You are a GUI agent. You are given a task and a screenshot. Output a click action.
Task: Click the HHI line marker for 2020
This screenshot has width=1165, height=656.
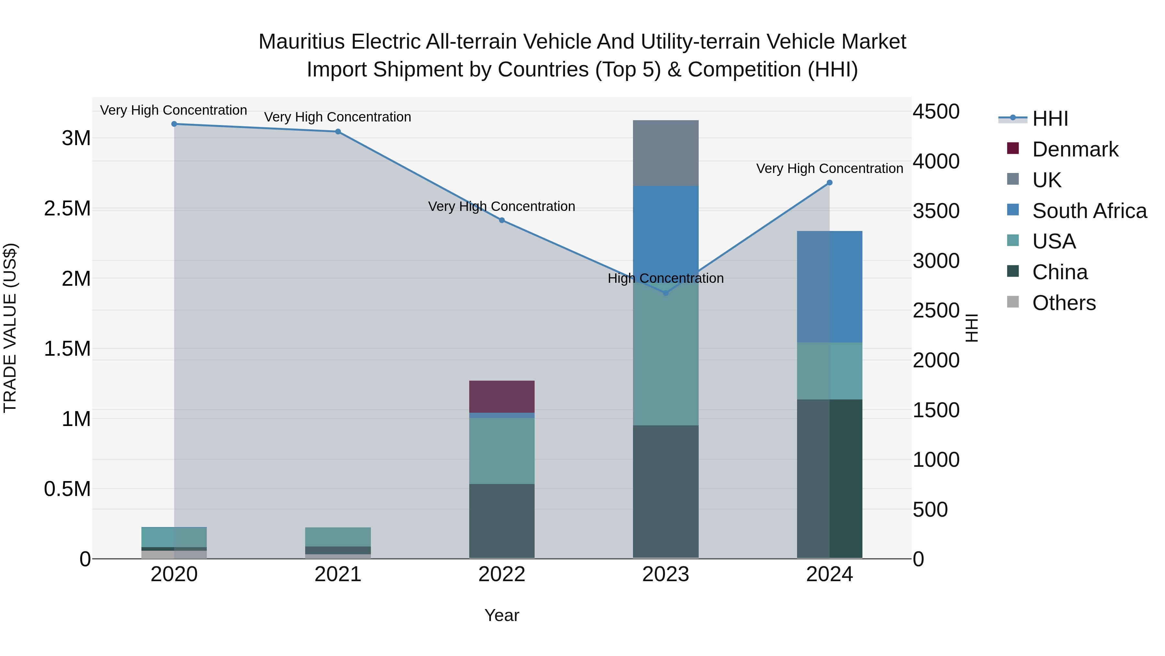[x=174, y=124]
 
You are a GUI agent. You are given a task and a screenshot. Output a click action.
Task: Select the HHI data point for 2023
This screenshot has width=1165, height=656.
[x=665, y=293]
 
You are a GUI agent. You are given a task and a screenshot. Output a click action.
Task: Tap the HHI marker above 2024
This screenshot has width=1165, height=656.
[x=829, y=183]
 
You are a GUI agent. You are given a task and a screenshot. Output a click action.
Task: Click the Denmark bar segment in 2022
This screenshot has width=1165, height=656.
[x=502, y=397]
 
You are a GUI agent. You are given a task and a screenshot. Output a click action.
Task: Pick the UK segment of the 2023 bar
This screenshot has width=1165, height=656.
[x=665, y=153]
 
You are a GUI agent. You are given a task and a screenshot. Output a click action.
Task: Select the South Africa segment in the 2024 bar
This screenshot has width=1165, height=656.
[x=829, y=287]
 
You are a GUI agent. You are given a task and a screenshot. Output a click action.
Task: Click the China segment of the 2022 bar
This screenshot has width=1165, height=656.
[x=502, y=521]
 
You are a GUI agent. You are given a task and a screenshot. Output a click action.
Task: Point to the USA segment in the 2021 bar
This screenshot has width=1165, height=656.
[x=338, y=537]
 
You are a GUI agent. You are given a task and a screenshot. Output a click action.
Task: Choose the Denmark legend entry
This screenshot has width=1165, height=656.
[x=1075, y=149]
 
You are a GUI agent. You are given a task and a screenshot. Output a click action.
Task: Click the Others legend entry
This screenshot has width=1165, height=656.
[x=1064, y=303]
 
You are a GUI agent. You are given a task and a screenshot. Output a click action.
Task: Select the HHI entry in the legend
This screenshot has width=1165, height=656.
[x=1050, y=119]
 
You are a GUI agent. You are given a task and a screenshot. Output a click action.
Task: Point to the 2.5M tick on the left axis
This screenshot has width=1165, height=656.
[x=67, y=209]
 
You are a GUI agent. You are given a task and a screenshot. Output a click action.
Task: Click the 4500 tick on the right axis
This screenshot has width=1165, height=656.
[x=936, y=111]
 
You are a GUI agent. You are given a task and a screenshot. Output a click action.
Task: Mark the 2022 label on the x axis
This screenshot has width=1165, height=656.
[x=502, y=574]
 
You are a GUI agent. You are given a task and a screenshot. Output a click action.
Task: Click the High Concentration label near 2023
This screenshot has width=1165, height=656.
[x=665, y=278]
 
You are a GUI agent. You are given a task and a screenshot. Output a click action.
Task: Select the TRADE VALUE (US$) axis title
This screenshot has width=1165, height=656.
[x=10, y=328]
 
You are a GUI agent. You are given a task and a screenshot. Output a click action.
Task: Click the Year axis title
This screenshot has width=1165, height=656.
[x=502, y=615]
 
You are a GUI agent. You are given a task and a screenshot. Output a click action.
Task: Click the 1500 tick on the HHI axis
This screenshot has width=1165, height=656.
[x=936, y=410]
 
